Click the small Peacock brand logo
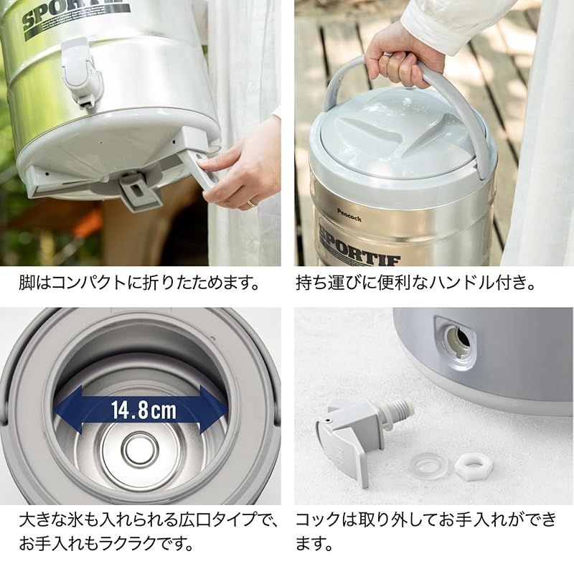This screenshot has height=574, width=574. (x=349, y=211)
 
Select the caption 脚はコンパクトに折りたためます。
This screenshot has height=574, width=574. (x=140, y=282)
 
